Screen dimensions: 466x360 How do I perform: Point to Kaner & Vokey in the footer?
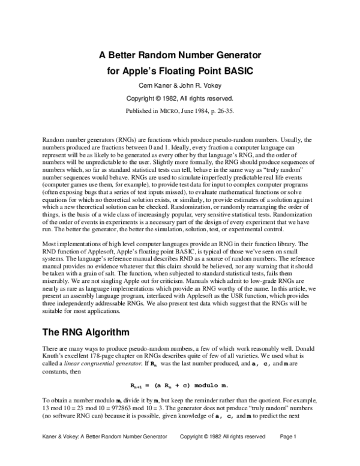[x=55, y=452]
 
